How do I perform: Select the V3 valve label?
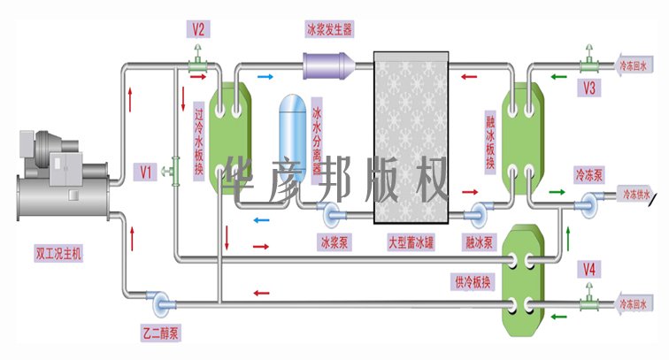click(590, 87)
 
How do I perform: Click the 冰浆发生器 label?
click(329, 29)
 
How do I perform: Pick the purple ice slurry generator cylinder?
click(328, 65)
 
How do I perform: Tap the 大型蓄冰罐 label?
click(411, 240)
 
